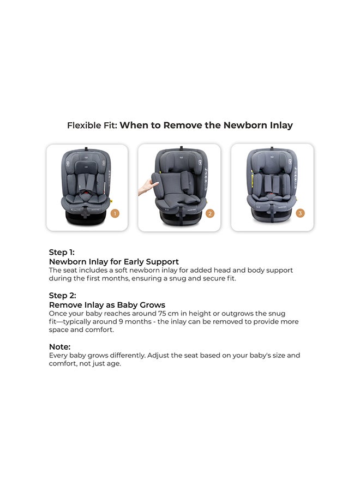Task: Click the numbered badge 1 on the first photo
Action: click(x=115, y=213)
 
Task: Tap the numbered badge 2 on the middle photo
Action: click(x=210, y=213)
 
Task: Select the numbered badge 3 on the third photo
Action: click(x=300, y=213)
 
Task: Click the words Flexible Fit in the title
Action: click(x=91, y=125)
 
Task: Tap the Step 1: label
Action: click(x=62, y=252)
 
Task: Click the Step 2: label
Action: click(x=62, y=296)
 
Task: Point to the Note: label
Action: click(x=59, y=346)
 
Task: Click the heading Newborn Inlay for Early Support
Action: click(x=114, y=261)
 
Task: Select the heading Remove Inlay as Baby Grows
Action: click(x=107, y=305)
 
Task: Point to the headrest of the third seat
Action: click(x=272, y=161)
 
